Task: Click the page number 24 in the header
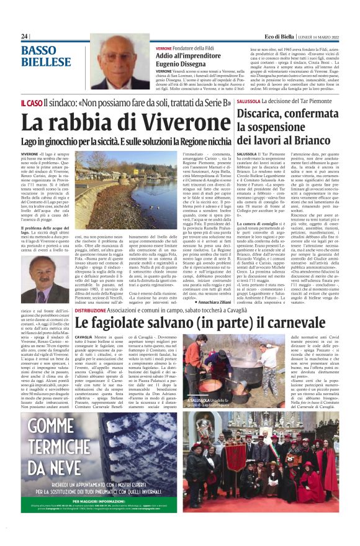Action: (x=24, y=37)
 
